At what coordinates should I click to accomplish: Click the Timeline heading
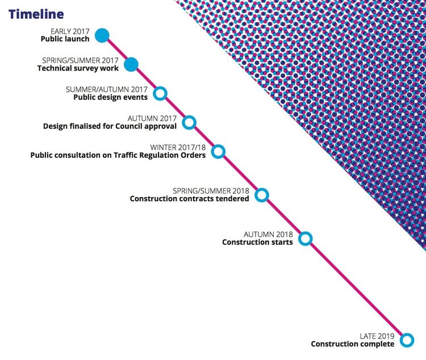(36, 14)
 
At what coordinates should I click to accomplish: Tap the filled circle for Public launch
(102, 35)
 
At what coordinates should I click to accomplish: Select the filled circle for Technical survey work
(131, 65)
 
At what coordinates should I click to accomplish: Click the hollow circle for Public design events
(160, 94)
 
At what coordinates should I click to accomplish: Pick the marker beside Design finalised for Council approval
(189, 123)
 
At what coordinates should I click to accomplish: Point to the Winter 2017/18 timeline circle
(218, 152)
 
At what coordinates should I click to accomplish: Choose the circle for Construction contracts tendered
(262, 195)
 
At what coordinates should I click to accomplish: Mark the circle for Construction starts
(306, 238)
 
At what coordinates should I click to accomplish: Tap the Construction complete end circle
(407, 340)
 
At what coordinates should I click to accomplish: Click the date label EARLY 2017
(70, 32)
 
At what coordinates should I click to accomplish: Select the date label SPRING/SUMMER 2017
(80, 61)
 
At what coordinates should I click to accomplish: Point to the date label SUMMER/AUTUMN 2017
(107, 89)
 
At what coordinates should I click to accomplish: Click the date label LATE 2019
(377, 336)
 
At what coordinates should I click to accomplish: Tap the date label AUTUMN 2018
(268, 234)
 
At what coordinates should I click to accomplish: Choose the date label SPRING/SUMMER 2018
(211, 191)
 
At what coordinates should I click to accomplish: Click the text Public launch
(65, 39)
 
